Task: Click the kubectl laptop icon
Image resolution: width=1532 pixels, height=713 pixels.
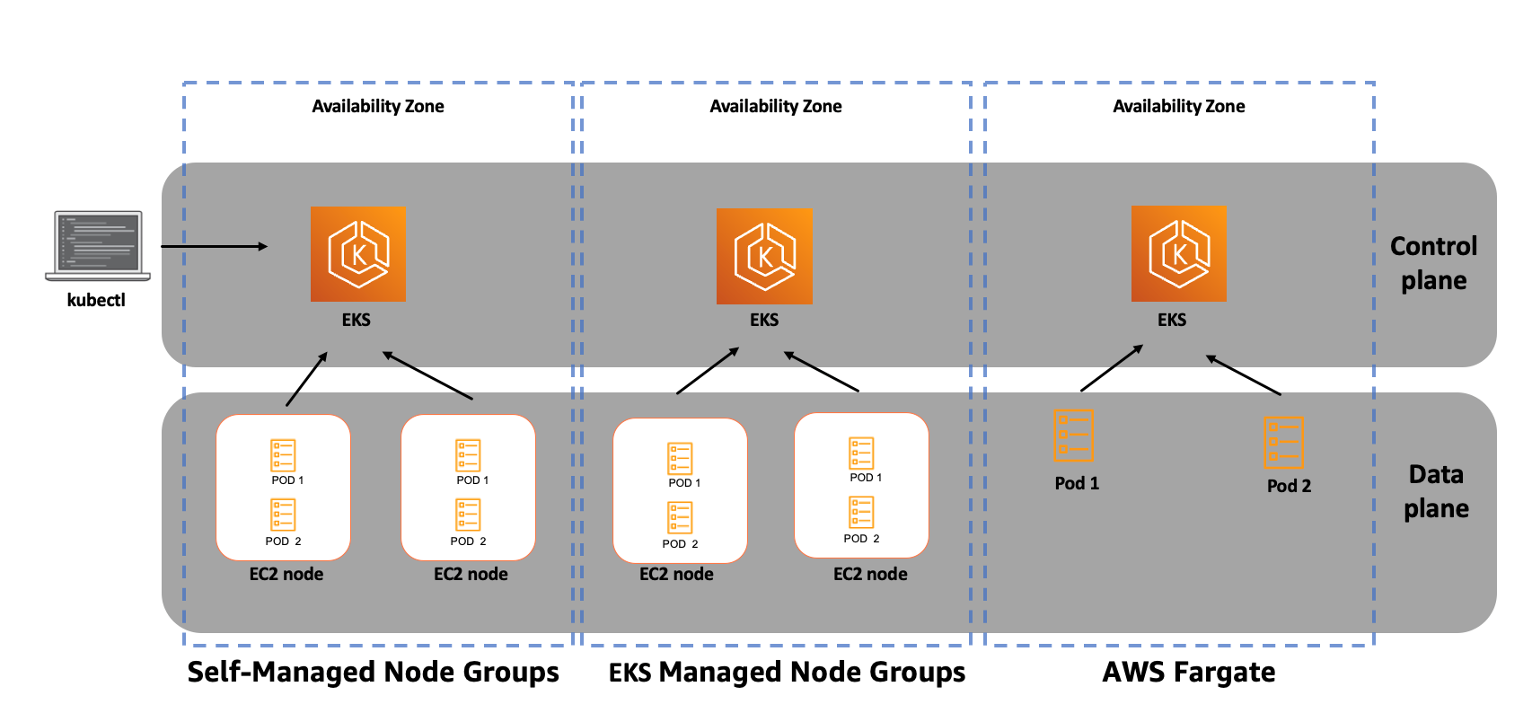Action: pyautogui.click(x=98, y=245)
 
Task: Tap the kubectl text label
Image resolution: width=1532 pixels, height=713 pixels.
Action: pyautogui.click(x=96, y=300)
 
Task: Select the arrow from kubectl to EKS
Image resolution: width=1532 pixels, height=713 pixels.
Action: pyautogui.click(x=214, y=246)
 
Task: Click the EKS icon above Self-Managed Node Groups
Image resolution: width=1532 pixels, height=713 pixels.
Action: pyautogui.click(x=357, y=254)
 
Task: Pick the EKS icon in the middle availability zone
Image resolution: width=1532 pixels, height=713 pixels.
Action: pyautogui.click(x=764, y=256)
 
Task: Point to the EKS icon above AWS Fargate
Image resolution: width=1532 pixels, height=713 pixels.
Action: pyautogui.click(x=1178, y=254)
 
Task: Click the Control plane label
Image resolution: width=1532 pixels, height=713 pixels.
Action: pyautogui.click(x=1433, y=263)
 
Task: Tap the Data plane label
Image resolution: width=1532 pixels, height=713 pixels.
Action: pyautogui.click(x=1436, y=491)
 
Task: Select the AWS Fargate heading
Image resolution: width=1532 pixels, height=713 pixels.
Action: pyautogui.click(x=1188, y=672)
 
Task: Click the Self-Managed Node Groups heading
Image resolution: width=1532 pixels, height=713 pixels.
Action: pyautogui.click(x=373, y=672)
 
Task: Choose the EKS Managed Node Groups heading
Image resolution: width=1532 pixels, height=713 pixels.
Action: pyautogui.click(x=787, y=672)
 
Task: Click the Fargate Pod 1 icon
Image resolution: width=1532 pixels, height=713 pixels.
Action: pyautogui.click(x=1073, y=435)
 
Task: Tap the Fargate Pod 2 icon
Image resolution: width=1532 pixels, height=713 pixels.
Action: pyautogui.click(x=1283, y=441)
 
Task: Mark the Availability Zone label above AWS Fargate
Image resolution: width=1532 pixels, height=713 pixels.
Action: pyautogui.click(x=1178, y=106)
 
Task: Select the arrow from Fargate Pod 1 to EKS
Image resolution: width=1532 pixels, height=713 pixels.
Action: pyautogui.click(x=1112, y=368)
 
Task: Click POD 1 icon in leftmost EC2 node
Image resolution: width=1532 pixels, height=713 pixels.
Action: pyautogui.click(x=283, y=455)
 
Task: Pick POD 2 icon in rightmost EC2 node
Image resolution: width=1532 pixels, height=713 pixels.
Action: pyautogui.click(x=861, y=513)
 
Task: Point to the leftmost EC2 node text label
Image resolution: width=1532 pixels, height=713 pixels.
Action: pyautogui.click(x=286, y=574)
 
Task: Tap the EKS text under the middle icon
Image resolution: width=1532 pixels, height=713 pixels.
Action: pyautogui.click(x=764, y=320)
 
